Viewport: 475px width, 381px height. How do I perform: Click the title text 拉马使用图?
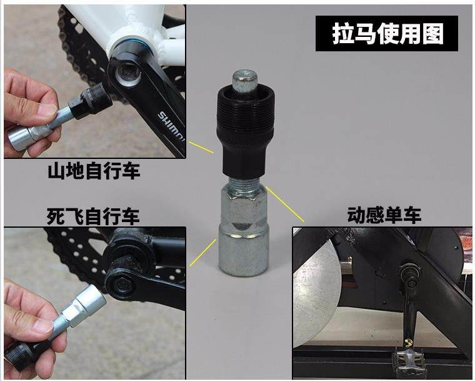pyautogui.click(x=387, y=33)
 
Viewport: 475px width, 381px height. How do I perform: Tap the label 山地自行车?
pyautogui.click(x=94, y=171)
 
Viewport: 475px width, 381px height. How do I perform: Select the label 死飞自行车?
pyautogui.click(x=93, y=216)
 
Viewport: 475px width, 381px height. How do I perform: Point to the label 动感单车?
pyautogui.click(x=384, y=215)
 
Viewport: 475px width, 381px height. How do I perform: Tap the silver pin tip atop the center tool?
pyautogui.click(x=246, y=81)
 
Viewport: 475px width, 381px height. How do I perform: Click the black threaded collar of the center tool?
pyautogui.click(x=246, y=115)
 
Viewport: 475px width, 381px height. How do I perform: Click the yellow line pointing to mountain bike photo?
pyautogui.click(x=201, y=147)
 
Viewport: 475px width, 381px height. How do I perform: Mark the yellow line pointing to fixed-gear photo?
pyautogui.click(x=202, y=253)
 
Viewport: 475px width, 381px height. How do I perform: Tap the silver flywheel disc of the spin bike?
pyautogui.click(x=315, y=291)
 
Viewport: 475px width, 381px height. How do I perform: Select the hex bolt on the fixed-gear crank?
pyautogui.click(x=122, y=285)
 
